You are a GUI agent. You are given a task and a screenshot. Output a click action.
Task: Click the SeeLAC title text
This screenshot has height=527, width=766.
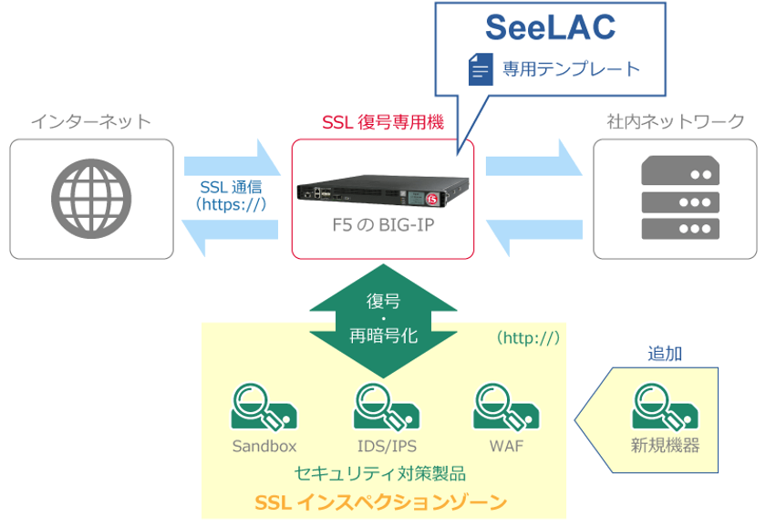pyautogui.click(x=550, y=27)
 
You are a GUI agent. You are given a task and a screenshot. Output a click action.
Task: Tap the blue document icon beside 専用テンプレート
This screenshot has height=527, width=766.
pyautogui.click(x=481, y=69)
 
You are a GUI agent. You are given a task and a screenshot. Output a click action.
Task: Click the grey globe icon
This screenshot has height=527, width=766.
pyautogui.click(x=91, y=199)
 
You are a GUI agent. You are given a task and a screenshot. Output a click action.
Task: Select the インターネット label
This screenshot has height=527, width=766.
pyautogui.click(x=91, y=121)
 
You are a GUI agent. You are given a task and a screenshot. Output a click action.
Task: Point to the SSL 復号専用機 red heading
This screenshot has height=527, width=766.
pyautogui.click(x=383, y=121)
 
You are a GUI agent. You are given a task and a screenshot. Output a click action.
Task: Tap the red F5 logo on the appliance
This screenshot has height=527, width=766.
pyautogui.click(x=432, y=199)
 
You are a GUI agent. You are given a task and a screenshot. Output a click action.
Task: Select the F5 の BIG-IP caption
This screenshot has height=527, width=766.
pyautogui.click(x=383, y=225)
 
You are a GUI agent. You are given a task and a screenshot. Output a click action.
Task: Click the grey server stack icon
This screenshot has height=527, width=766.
pyautogui.click(x=680, y=197)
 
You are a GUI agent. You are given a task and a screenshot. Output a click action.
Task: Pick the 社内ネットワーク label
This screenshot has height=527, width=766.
pyautogui.click(x=676, y=121)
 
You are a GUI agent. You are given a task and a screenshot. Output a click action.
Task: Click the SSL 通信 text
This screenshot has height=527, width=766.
pyautogui.click(x=231, y=187)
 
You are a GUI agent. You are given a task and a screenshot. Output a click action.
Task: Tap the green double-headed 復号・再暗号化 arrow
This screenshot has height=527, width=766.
pyautogui.click(x=384, y=321)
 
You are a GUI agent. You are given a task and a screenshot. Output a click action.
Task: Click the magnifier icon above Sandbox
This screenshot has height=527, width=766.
pyautogui.click(x=264, y=407)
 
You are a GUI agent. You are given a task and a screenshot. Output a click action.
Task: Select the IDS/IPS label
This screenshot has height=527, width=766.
pyautogui.click(x=387, y=446)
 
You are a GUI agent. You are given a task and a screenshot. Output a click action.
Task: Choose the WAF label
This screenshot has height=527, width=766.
pyautogui.click(x=506, y=446)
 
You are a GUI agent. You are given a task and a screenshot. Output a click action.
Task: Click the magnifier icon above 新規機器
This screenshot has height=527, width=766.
pyautogui.click(x=665, y=407)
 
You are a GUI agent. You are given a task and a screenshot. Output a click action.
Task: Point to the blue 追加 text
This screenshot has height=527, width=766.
pyautogui.click(x=665, y=353)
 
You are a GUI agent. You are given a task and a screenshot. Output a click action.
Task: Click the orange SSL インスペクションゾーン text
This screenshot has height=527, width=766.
pyautogui.click(x=381, y=502)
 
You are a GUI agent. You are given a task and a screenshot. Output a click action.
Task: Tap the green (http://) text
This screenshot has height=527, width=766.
pyautogui.click(x=528, y=338)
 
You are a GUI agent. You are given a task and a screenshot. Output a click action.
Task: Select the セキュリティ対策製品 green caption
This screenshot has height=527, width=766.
pyautogui.click(x=380, y=473)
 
